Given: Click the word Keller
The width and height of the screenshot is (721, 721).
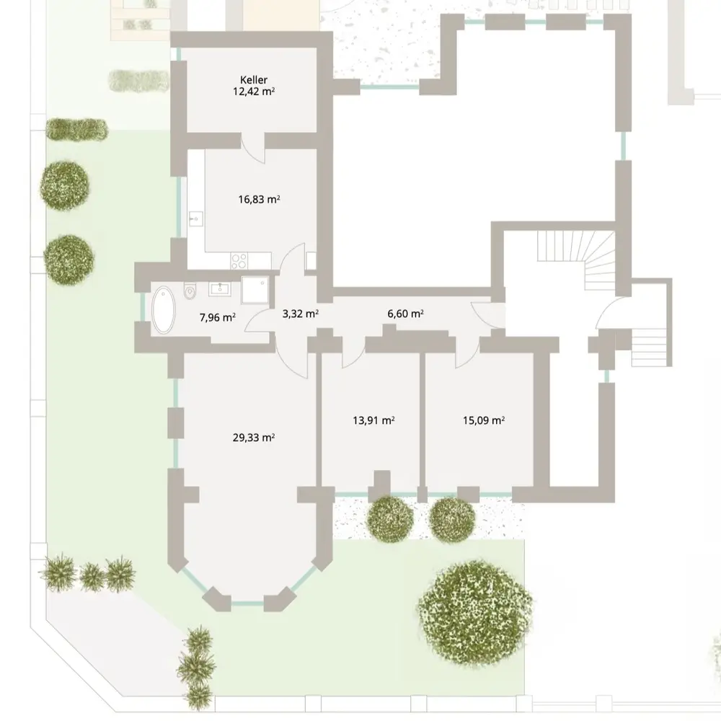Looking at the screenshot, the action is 253,80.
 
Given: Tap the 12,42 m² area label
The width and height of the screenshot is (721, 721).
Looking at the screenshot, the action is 254,91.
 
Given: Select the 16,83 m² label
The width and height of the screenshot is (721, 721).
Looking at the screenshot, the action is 260,199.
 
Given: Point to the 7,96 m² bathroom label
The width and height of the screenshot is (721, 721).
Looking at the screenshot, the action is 218,317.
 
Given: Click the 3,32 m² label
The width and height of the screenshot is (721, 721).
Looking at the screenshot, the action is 300,314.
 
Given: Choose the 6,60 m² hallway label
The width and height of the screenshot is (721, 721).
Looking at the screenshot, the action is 405,314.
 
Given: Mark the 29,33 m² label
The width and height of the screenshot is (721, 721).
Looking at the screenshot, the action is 254,438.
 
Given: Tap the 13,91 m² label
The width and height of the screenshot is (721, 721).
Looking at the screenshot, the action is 373,420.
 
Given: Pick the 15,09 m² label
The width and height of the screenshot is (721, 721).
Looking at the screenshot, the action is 484,420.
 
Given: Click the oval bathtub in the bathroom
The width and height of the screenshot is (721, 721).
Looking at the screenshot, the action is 164,310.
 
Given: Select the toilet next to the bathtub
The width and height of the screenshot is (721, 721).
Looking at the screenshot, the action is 190,291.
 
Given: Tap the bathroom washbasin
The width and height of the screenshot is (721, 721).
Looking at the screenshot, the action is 220,289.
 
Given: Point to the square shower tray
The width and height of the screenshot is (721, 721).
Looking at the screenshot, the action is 255,290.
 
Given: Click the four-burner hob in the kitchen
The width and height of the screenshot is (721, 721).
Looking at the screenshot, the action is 239,261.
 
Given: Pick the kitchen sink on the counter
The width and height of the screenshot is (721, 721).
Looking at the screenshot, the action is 196,220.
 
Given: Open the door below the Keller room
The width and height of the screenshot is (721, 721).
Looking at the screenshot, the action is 254,149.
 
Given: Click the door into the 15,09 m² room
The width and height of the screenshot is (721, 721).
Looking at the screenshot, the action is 468,353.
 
